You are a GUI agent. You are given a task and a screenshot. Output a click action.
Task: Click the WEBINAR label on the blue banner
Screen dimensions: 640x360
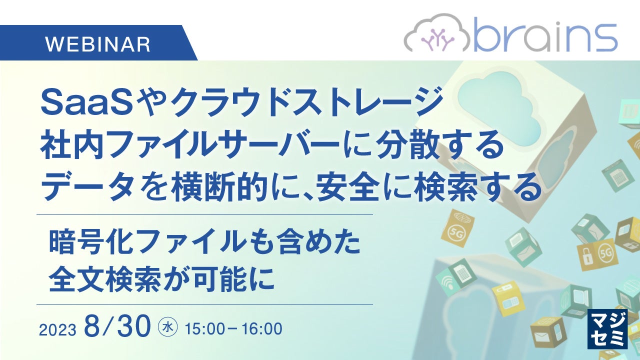tap(97, 44)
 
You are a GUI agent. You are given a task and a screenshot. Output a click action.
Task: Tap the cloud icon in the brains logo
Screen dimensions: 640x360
tap(437, 33)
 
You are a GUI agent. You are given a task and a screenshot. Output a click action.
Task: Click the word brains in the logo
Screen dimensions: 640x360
tap(545, 35)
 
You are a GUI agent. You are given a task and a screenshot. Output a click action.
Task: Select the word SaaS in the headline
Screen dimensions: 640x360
tap(87, 103)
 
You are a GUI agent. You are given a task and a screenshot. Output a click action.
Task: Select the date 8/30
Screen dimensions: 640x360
tap(117, 326)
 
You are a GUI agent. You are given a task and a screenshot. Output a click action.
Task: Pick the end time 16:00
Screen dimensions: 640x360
tap(262, 329)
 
